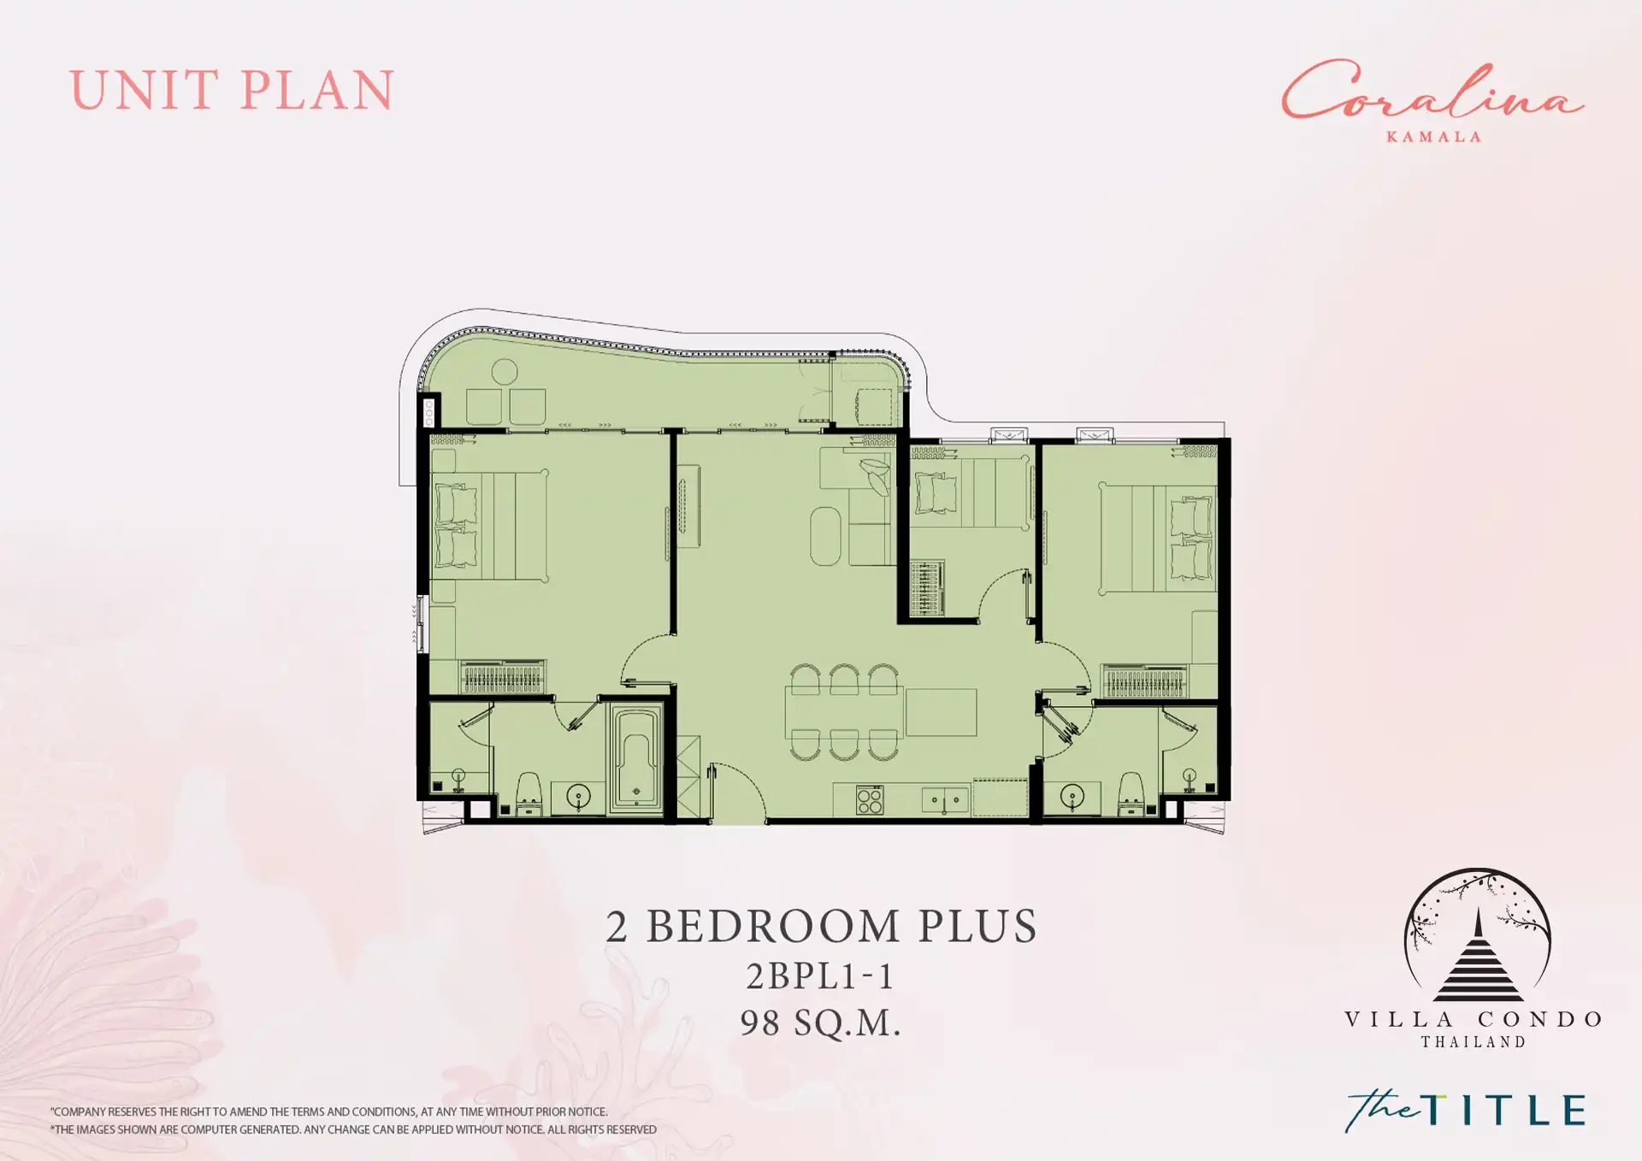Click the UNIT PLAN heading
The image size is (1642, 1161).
tap(232, 91)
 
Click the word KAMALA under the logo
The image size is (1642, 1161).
tap(1433, 137)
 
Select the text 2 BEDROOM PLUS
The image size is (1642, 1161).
tap(821, 926)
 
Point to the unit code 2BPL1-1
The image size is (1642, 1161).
tap(819, 975)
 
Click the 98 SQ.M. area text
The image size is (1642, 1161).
tap(820, 1023)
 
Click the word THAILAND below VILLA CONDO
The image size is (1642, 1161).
tap(1474, 1042)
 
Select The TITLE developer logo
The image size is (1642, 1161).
tap(1465, 1111)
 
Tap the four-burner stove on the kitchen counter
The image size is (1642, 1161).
tap(870, 800)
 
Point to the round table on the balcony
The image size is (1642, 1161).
tap(505, 372)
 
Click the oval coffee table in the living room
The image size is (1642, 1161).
tap(825, 536)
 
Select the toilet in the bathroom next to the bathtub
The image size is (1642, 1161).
tap(529, 793)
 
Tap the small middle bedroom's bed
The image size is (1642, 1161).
tap(971, 492)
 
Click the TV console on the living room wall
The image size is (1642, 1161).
tap(688, 506)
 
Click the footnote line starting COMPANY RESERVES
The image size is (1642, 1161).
tap(329, 1112)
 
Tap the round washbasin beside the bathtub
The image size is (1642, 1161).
tap(579, 797)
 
